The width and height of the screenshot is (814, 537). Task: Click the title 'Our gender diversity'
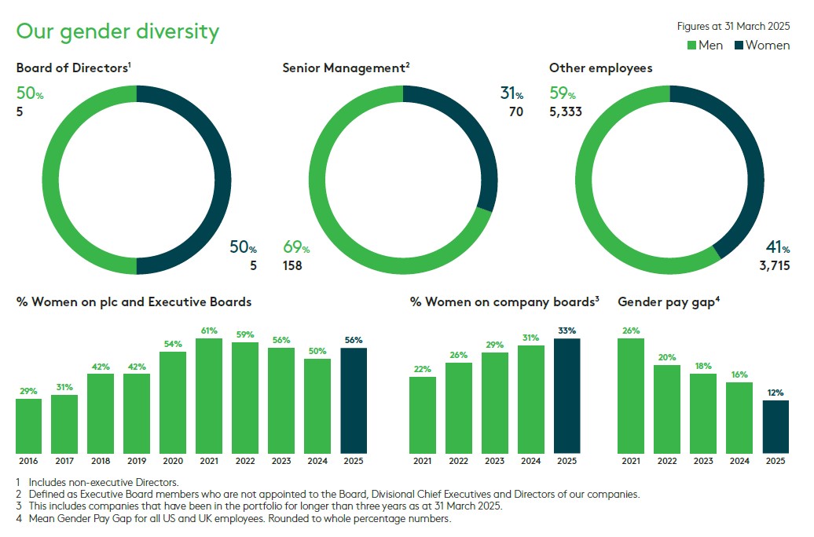pos(118,31)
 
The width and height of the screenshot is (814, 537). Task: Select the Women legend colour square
pos(739,46)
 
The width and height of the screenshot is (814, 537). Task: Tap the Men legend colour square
pos(691,46)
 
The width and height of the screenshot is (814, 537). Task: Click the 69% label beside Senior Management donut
pos(295,248)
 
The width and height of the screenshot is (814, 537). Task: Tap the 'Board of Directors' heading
pos(73,68)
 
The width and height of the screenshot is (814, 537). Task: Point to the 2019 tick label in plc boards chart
pos(137,460)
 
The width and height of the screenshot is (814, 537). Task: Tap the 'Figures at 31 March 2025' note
pos(733,26)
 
